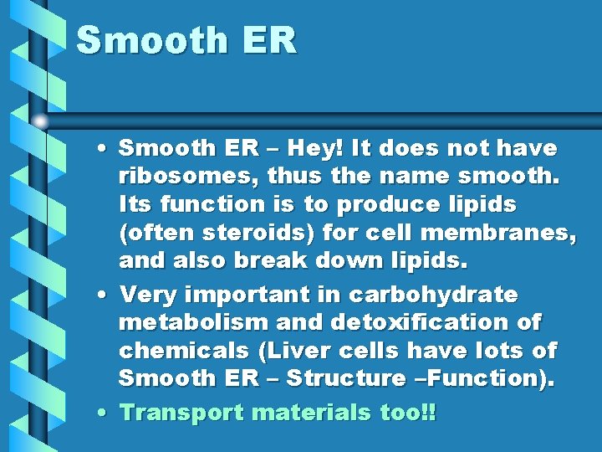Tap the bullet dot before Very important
(x=101, y=295)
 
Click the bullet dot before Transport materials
(x=101, y=413)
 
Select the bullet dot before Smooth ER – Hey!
(x=101, y=149)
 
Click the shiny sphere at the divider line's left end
(x=39, y=121)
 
